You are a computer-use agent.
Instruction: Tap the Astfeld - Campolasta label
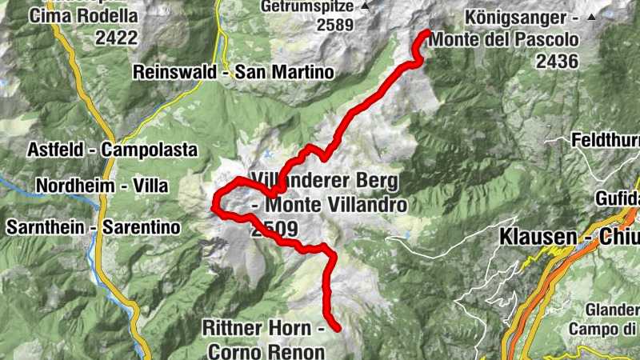(x=98, y=150)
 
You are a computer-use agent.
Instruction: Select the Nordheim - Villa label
(x=102, y=186)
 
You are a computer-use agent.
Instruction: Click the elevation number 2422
(x=116, y=37)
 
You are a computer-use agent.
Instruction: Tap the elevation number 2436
(x=558, y=61)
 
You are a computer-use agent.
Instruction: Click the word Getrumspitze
(x=306, y=6)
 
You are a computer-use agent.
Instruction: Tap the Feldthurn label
(x=606, y=142)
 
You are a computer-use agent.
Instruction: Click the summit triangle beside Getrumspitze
(x=366, y=6)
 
